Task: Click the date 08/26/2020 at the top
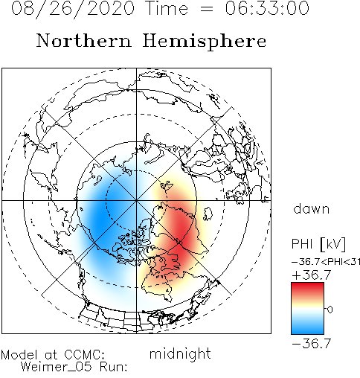pos(73,9)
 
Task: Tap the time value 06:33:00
pos(267,8)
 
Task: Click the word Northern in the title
pos(84,40)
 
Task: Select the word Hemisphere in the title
pos(205,41)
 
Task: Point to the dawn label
pos(312,209)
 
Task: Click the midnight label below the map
pos(180,353)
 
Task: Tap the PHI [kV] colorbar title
pos(318,244)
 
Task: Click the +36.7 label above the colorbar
pos(312,275)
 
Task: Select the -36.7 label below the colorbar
pos(312,344)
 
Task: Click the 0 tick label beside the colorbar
pos(330,310)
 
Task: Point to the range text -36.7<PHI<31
pos(326,262)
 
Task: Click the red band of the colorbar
pos(307,289)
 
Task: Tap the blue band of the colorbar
pos(307,327)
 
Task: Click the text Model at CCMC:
pos(53,355)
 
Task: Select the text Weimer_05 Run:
pos(74,367)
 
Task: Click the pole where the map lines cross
pos(136,200)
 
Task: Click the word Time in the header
pos(167,8)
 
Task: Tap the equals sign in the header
pos(206,10)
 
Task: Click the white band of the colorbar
pos(307,310)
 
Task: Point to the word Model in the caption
pos(19,355)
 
